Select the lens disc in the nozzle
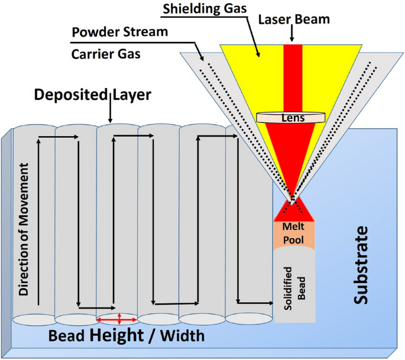pos(293,118)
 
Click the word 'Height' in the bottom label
pos(120,336)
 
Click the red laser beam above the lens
pos(293,77)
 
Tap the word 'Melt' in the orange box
pos(293,227)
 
